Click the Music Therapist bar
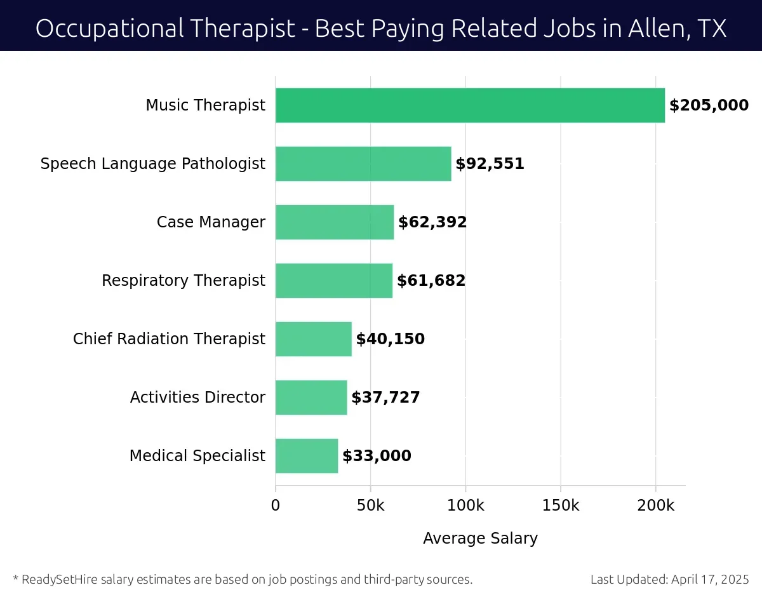[470, 105]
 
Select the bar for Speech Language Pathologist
[363, 164]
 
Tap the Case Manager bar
[335, 222]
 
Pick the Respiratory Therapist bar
[334, 281]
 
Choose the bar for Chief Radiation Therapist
[314, 339]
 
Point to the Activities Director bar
[311, 398]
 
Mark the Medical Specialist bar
[307, 456]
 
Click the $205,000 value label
[709, 105]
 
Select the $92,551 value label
[490, 164]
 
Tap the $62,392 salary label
[432, 222]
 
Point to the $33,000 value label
[377, 456]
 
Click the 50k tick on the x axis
[370, 506]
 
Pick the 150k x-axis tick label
[561, 506]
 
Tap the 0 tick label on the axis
[276, 506]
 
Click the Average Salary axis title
[480, 539]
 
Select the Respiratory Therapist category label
[184, 281]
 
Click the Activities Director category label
[197, 398]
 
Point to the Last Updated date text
[669, 579]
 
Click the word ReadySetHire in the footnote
[57, 579]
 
